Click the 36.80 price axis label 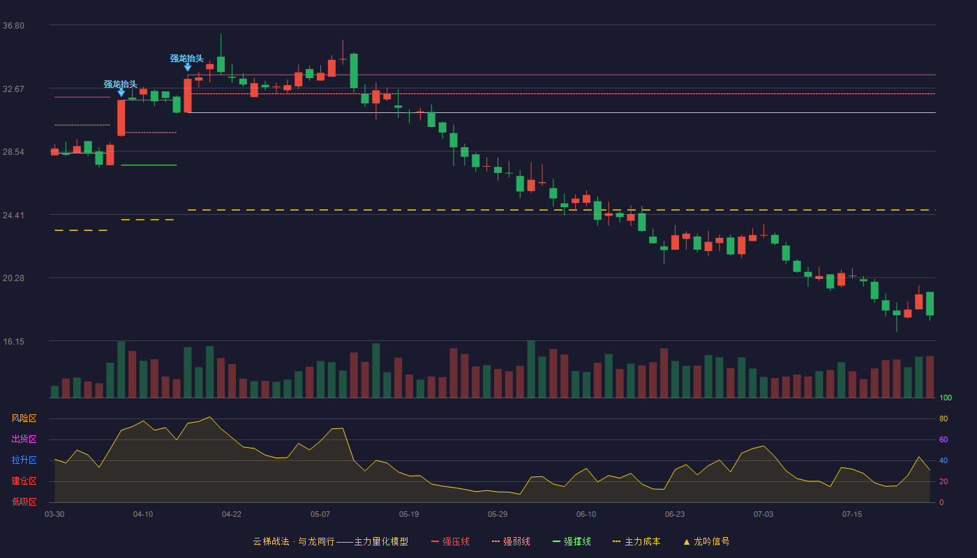13,26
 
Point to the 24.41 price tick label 13,216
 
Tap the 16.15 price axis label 13,342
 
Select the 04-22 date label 232,515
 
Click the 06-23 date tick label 675,515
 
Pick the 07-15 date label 852,515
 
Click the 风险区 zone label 24,418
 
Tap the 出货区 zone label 24,439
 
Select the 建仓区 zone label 24,481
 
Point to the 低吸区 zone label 24,502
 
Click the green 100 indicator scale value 946,398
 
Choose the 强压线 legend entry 451,541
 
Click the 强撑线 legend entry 572,541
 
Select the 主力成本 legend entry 636,541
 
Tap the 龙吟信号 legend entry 706,541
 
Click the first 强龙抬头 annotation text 120,84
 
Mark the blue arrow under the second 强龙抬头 188,67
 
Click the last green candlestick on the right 930,303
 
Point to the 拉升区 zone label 24,460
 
